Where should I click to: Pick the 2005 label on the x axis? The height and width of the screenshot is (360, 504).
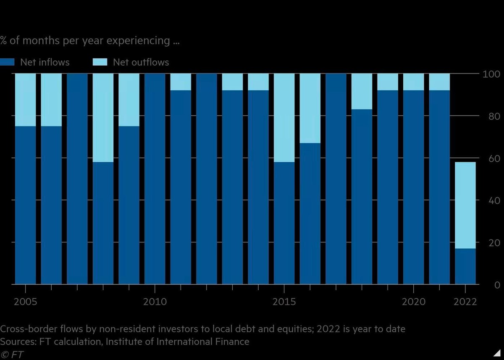(26, 302)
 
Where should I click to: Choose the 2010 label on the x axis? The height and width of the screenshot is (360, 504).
(155, 302)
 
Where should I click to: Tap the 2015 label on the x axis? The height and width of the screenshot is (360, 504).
(284, 302)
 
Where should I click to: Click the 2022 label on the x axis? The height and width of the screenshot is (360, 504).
(465, 302)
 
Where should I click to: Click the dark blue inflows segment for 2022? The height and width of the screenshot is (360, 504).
(465, 266)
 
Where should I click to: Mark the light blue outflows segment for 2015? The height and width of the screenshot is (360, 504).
(284, 118)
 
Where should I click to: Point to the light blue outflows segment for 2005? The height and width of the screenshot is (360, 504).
(26, 100)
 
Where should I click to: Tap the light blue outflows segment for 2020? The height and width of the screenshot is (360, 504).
(414, 82)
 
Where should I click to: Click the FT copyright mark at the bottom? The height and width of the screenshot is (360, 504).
(13, 354)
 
